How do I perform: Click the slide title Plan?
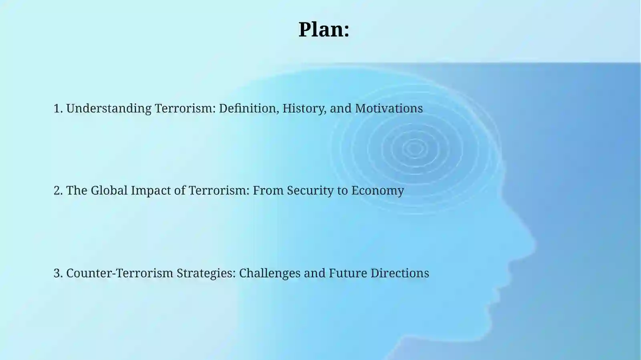[324, 30]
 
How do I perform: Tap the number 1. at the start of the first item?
[58, 109]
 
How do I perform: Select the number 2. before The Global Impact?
[58, 191]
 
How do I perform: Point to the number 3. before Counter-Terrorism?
[58, 273]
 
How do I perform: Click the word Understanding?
[109, 109]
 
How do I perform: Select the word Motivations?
[389, 109]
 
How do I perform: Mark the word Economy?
[377, 191]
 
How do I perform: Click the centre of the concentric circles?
[415, 149]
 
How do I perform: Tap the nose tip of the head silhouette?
[534, 242]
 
